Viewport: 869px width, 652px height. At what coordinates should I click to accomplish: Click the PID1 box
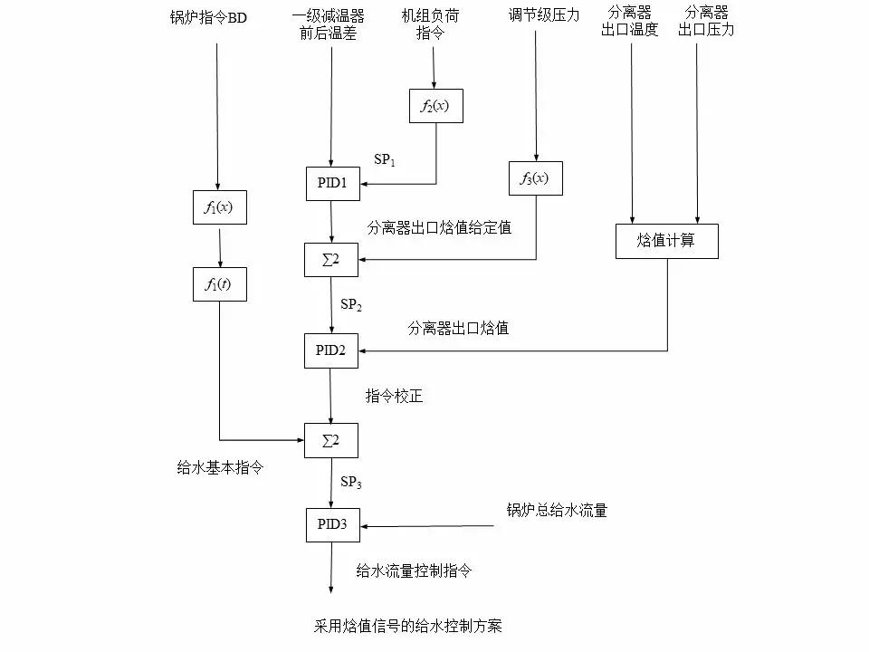[x=331, y=184]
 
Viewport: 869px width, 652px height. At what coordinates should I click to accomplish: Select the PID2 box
[x=331, y=350]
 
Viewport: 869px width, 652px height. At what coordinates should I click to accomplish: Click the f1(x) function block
[x=219, y=207]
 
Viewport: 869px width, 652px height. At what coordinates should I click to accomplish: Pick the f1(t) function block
[x=219, y=284]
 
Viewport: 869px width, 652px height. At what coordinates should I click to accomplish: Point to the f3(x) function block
[x=534, y=178]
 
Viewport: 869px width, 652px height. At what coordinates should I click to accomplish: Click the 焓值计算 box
[x=666, y=242]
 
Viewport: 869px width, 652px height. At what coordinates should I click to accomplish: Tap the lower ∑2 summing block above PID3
[x=331, y=440]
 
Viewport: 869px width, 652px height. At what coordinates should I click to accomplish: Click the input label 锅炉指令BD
[x=208, y=17]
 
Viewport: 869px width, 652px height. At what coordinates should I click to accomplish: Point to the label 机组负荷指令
[x=434, y=24]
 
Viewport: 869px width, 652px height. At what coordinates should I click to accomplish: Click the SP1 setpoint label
[x=386, y=159]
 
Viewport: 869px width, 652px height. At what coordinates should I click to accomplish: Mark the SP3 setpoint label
[x=351, y=484]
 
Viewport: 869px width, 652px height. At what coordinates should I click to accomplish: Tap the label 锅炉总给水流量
[x=557, y=511]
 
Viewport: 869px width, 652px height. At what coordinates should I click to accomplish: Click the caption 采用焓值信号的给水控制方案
[x=407, y=626]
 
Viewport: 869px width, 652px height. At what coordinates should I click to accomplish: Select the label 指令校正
[x=394, y=397]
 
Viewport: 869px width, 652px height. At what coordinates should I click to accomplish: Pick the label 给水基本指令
[x=220, y=468]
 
